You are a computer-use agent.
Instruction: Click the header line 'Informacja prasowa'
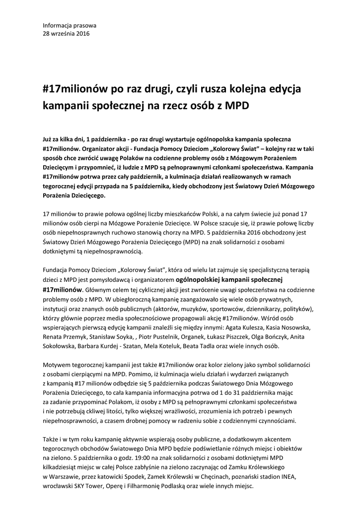point(70,25)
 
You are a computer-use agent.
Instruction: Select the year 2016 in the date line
point(82,33)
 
